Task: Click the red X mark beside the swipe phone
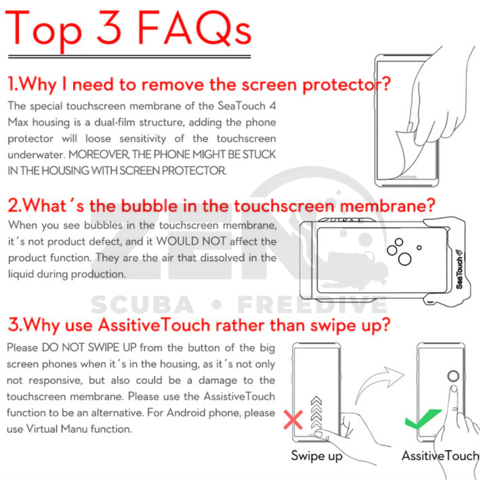293,420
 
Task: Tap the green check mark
423,419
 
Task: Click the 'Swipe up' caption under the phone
316,456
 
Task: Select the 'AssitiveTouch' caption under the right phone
440,456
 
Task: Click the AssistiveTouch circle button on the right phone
453,376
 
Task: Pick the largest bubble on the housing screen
405,259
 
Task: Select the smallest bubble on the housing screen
419,248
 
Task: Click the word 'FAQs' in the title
195,29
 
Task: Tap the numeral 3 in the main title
109,28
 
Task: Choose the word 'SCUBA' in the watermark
142,305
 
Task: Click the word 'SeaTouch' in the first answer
241,106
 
